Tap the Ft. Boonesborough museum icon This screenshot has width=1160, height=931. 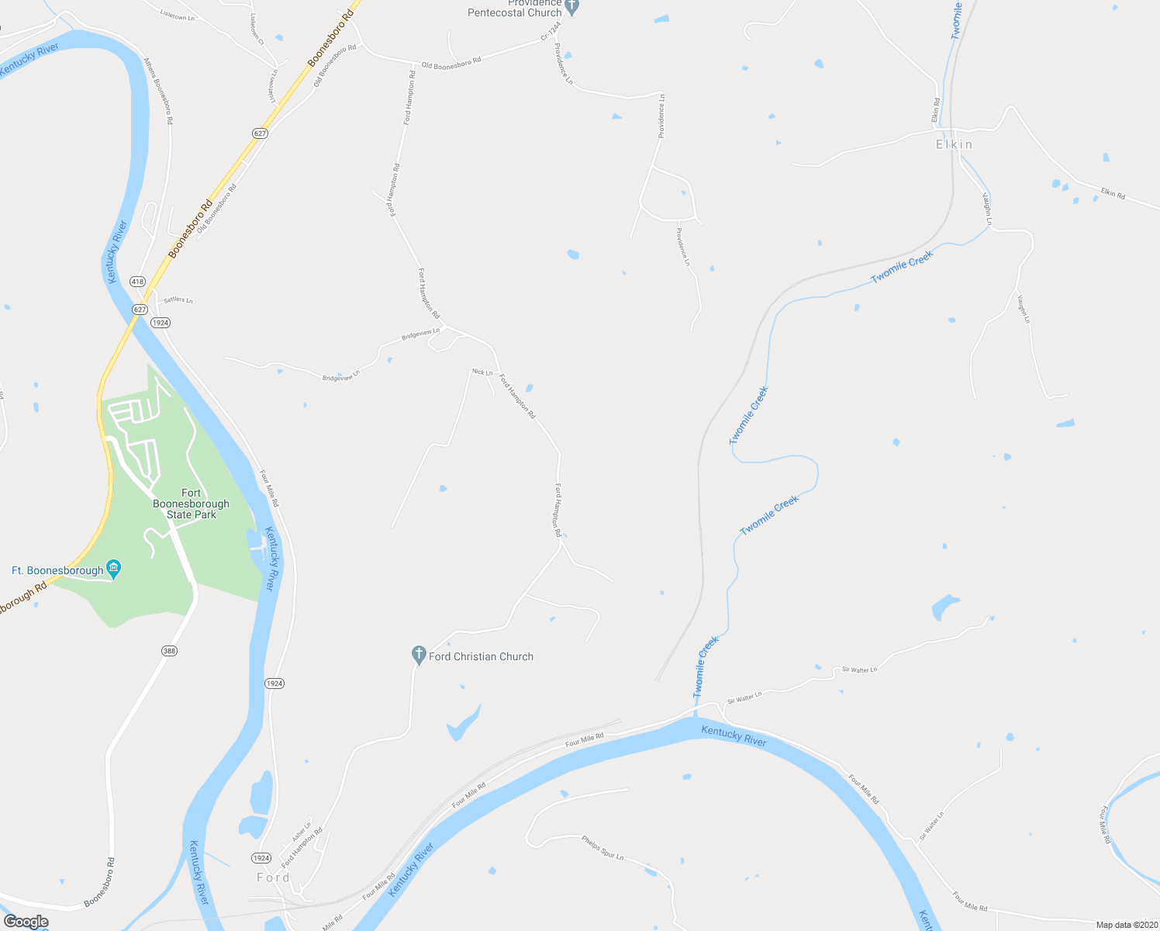114,570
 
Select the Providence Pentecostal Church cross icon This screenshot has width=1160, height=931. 572,8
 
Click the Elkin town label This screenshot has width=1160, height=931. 954,144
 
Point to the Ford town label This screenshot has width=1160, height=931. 273,877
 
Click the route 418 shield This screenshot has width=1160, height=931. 137,282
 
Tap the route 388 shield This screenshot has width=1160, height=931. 170,651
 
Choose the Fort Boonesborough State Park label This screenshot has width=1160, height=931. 191,504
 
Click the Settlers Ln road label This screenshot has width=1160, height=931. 178,300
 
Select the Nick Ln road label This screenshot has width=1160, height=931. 482,372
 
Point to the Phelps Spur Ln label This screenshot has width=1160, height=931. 602,847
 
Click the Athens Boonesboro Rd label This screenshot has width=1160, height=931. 158,91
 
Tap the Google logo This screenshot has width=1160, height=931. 26,922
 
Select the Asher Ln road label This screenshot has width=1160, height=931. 302,832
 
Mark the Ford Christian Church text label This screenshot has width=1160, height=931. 481,656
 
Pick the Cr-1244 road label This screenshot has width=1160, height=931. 550,31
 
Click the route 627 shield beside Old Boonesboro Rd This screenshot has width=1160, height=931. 260,133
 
